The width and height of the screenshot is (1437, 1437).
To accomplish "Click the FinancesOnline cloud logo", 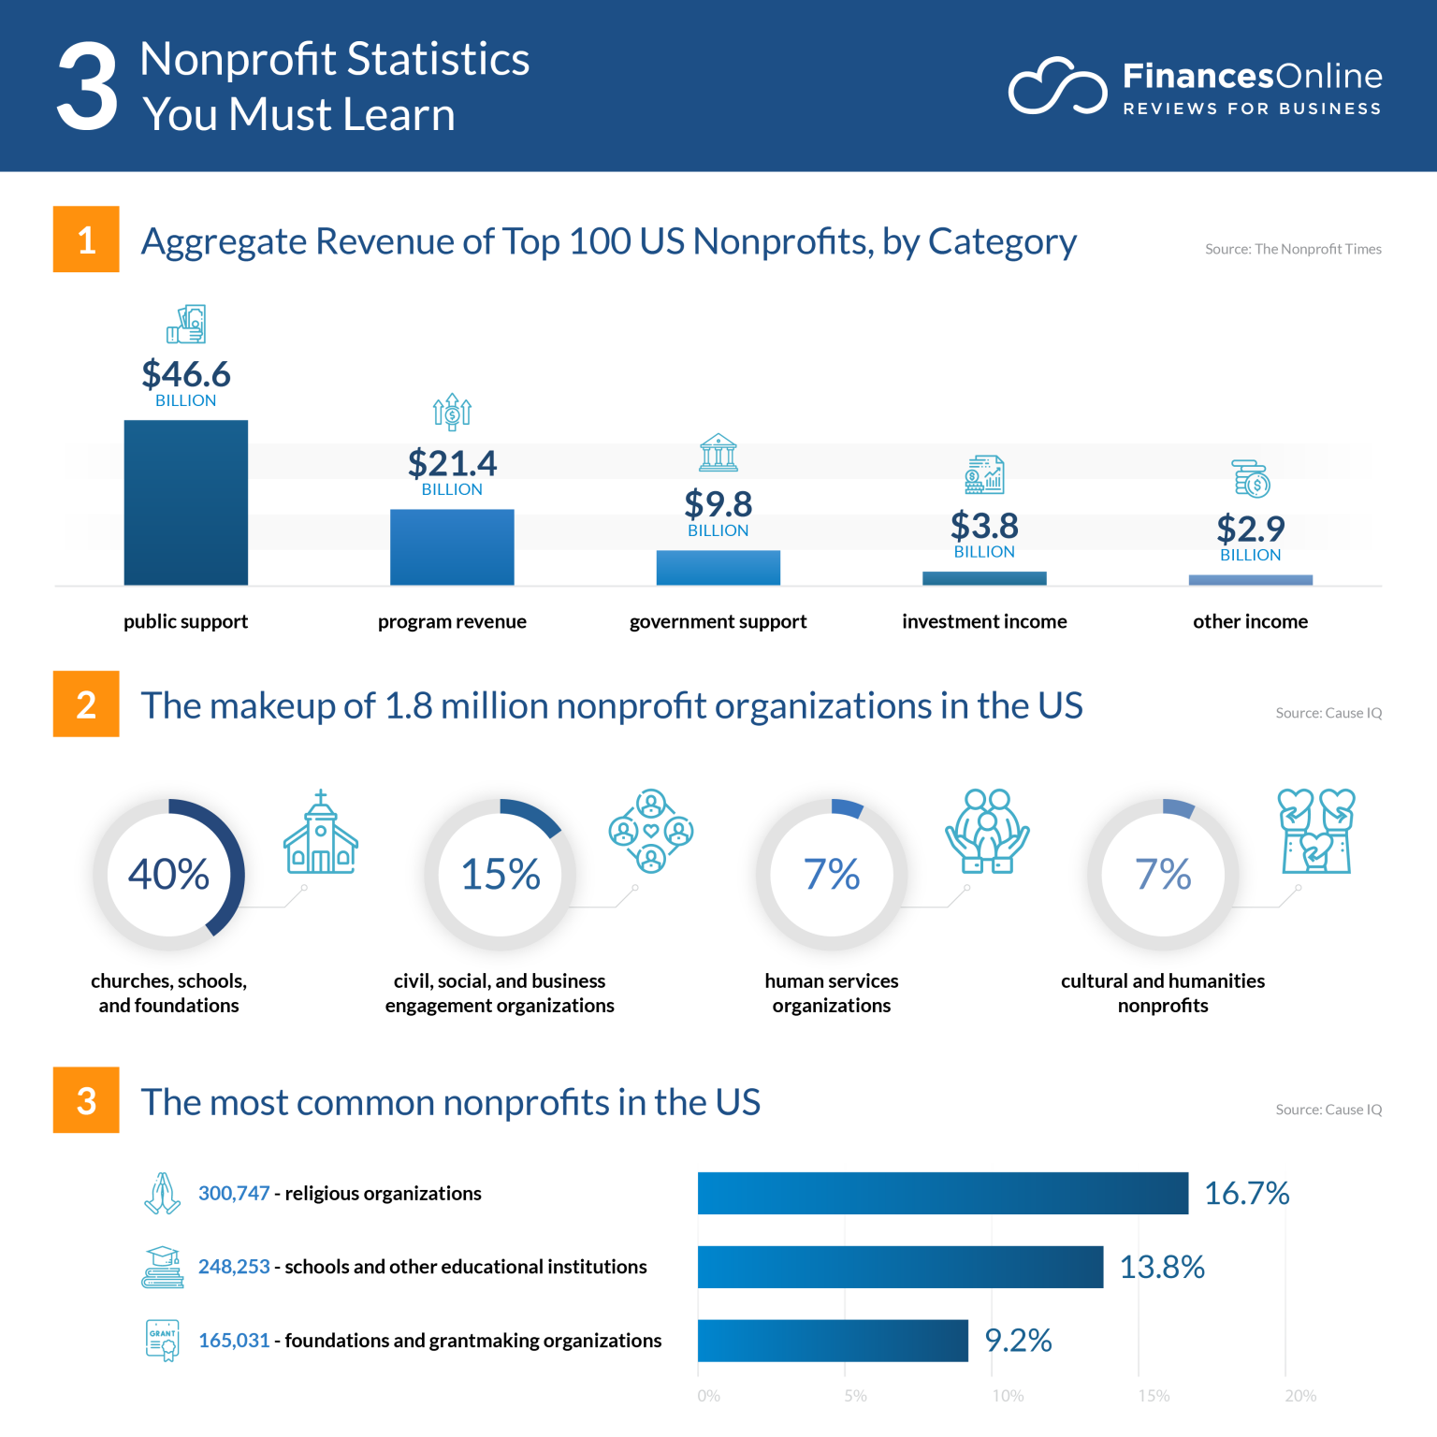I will click(1057, 87).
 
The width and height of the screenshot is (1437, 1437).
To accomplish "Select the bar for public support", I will click(185, 502).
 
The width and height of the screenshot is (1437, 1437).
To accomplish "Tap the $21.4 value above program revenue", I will click(452, 463).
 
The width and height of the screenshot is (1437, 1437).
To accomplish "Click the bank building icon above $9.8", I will click(718, 453).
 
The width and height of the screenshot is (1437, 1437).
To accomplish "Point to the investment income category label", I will click(984, 621).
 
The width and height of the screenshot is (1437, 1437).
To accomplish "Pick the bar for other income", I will click(1250, 580).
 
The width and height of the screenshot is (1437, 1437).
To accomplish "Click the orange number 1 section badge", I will click(86, 239).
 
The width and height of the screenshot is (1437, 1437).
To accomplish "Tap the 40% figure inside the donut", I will click(168, 874).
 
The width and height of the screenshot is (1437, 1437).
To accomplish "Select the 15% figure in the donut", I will click(501, 874).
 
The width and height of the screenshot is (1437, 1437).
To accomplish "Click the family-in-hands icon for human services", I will click(987, 831).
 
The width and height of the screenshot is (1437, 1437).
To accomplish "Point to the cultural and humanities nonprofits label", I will click(1162, 993).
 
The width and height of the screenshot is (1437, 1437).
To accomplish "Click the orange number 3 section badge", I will click(86, 1100).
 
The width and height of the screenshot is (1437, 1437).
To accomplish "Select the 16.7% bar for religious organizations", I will click(942, 1193).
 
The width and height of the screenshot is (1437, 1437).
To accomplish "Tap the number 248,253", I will click(234, 1267).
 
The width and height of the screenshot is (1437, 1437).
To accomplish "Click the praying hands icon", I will click(163, 1193).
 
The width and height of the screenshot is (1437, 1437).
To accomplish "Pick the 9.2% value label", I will click(1018, 1341).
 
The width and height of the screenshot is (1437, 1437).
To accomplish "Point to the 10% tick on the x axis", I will click(1007, 1396).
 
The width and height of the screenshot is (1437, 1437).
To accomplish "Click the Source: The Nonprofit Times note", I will click(1293, 249).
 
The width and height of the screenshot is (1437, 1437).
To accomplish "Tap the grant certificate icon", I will click(163, 1340).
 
